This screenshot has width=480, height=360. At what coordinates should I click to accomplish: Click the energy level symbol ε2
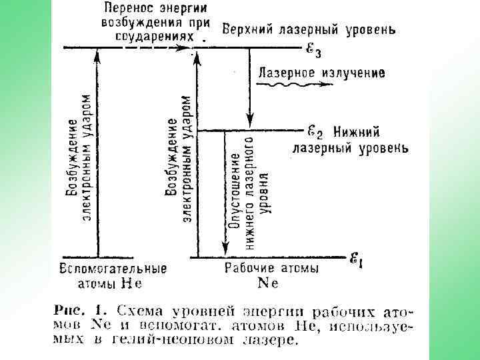[x=315, y=131]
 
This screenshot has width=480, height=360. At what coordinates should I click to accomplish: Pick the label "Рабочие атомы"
[x=271, y=268]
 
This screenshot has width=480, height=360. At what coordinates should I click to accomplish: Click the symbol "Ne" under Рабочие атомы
[x=268, y=283]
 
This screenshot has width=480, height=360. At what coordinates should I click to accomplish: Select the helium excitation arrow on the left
[x=98, y=153]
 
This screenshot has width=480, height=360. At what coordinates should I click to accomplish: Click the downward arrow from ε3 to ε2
[x=249, y=87]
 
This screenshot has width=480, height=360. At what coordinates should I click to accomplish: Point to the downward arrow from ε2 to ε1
[x=220, y=193]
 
